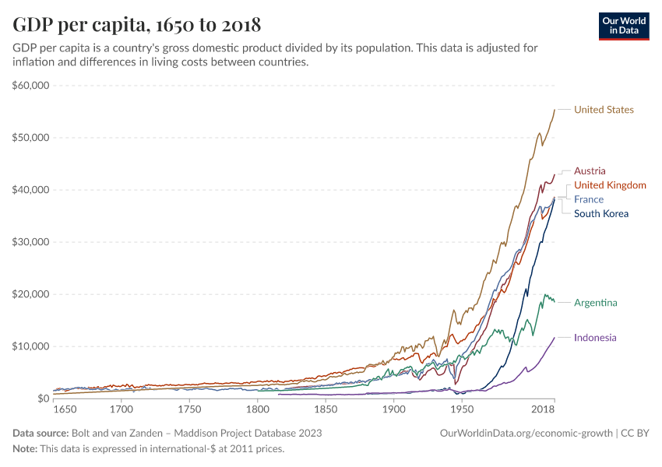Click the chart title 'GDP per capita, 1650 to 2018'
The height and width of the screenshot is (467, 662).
(137, 24)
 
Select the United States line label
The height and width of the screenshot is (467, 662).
(604, 110)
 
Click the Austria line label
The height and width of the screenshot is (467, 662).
(590, 171)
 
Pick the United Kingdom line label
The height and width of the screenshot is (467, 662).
(610, 185)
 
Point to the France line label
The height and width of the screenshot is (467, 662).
(589, 199)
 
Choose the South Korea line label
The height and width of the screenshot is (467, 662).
(600, 213)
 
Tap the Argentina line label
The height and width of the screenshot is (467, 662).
(596, 303)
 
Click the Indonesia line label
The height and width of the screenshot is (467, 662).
(595, 338)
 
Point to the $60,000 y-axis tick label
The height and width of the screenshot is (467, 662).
(32, 86)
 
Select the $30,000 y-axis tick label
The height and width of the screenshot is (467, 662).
(32, 242)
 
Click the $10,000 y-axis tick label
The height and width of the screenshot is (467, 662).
(32, 346)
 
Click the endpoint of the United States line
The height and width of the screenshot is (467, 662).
(555, 110)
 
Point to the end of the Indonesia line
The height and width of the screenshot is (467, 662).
(555, 338)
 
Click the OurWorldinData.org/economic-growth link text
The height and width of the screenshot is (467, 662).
(527, 433)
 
